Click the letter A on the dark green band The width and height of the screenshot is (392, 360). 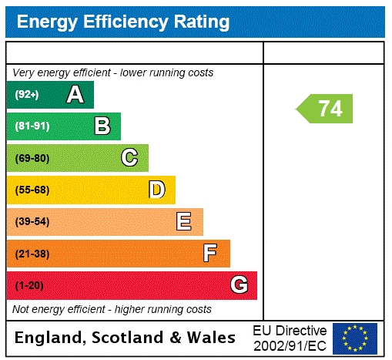[x=75, y=95]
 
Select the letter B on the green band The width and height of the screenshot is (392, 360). [x=102, y=126]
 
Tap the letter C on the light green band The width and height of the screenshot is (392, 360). [x=129, y=158]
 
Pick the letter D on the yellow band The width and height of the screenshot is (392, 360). [x=157, y=190]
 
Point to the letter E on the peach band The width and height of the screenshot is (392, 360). [x=184, y=222]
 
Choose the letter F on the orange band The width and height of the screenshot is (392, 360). [x=209, y=253]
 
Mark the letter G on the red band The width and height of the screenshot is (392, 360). [x=240, y=285]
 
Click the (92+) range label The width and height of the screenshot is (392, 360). [x=27, y=95]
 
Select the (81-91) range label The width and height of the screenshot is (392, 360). [x=32, y=126]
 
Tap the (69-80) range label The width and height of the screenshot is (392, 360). [x=32, y=158]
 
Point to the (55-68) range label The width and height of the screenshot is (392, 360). [x=32, y=190]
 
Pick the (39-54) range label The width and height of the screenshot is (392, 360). [x=32, y=222]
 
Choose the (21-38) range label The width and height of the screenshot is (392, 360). [x=32, y=254]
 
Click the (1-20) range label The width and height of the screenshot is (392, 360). [x=29, y=286]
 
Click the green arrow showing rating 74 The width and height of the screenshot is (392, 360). [x=325, y=109]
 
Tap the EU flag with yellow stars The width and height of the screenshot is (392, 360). [x=354, y=338]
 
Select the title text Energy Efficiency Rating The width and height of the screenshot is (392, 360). [x=123, y=22]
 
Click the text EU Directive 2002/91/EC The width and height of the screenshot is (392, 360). [x=290, y=337]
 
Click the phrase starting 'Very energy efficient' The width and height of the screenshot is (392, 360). [x=112, y=72]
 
